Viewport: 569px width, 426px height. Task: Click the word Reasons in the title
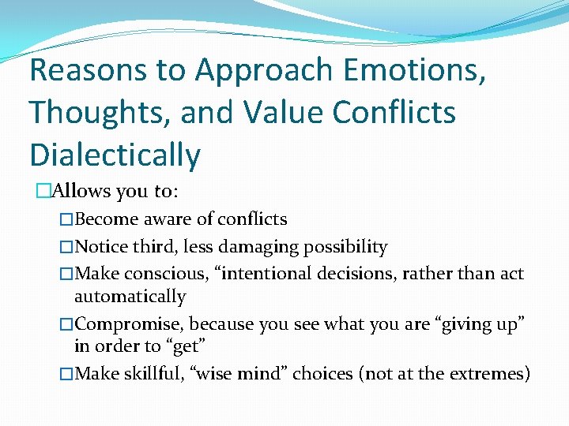(88, 70)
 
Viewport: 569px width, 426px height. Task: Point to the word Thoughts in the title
(100, 112)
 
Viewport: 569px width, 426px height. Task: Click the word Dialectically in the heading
(115, 155)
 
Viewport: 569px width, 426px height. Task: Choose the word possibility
(348, 247)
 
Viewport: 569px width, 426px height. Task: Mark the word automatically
(130, 297)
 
